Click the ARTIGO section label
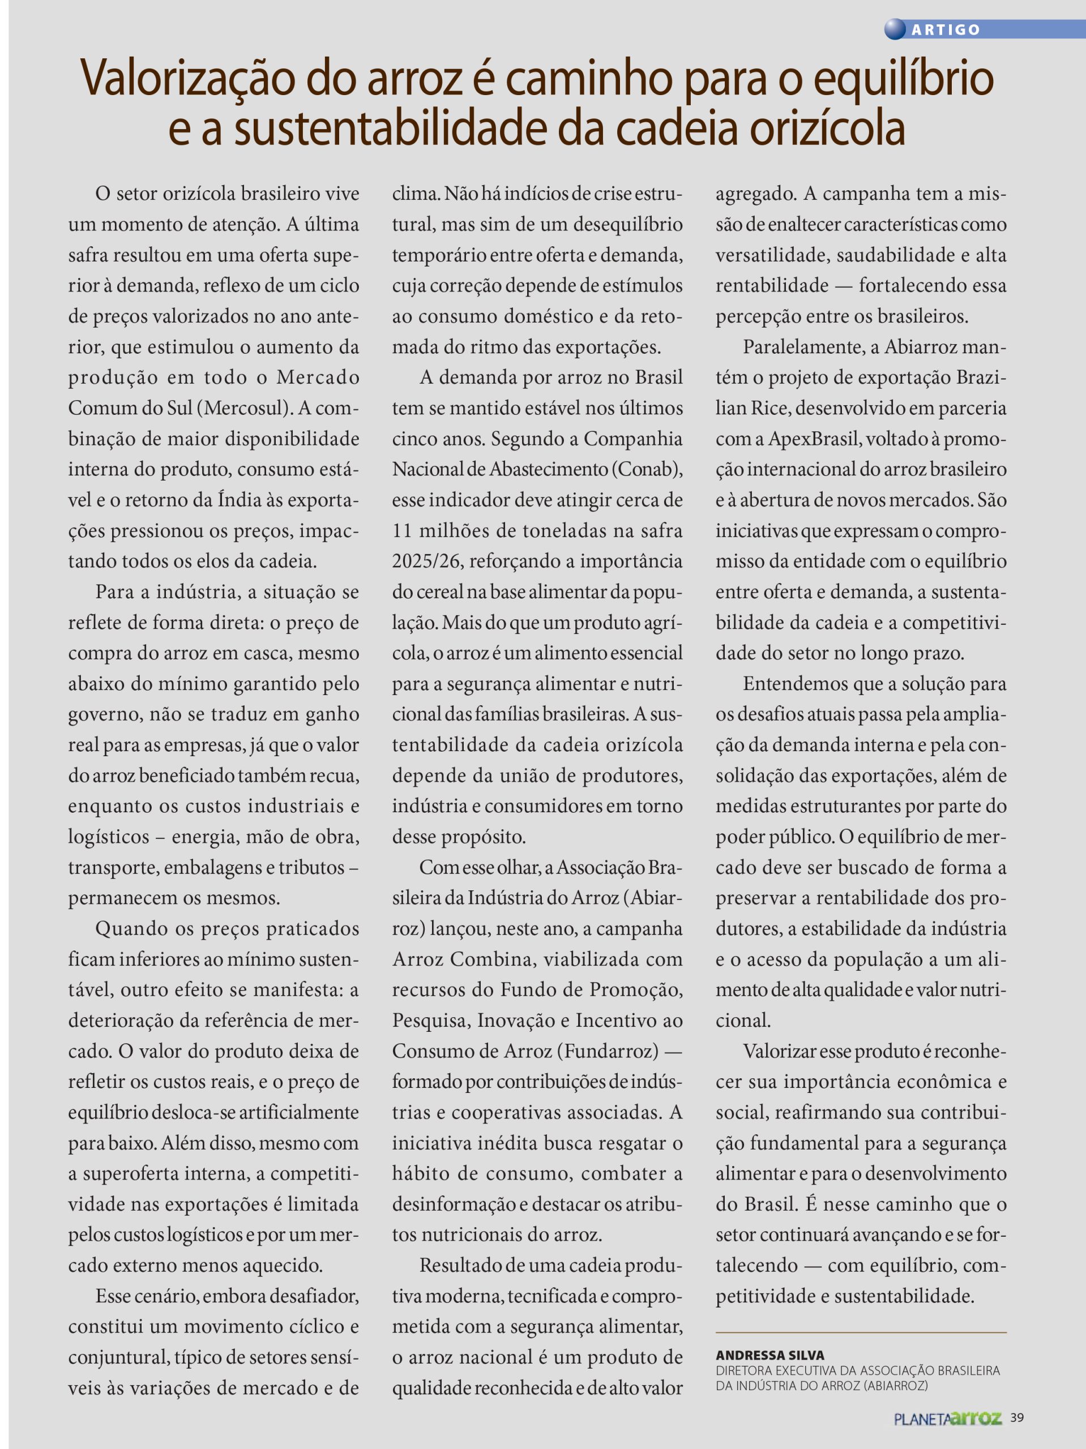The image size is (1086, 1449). [x=946, y=29]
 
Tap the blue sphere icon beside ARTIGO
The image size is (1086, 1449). [x=895, y=29]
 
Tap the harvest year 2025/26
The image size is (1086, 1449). [x=427, y=561]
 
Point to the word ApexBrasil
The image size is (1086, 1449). [x=813, y=439]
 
